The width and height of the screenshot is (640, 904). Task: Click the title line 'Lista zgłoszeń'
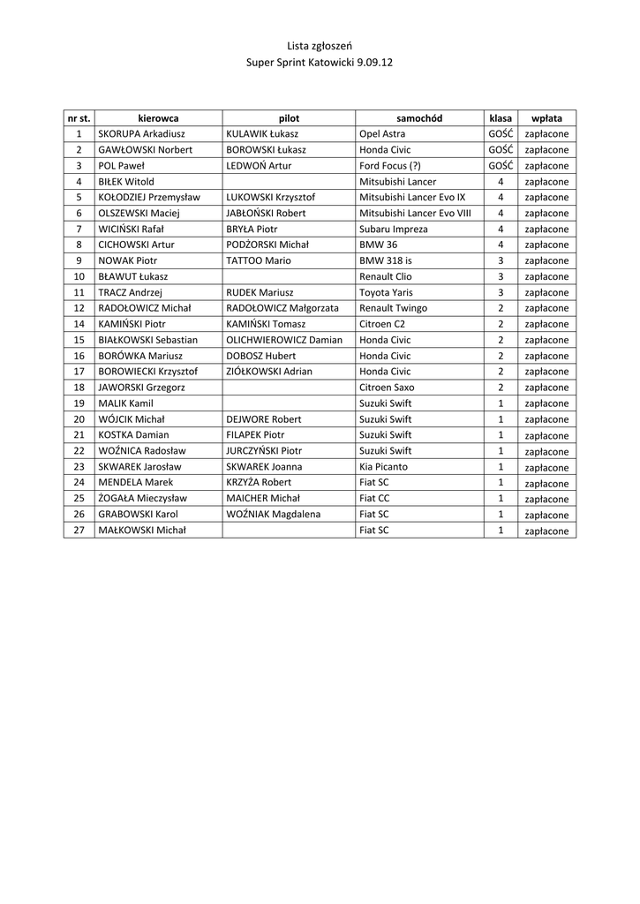coord(320,45)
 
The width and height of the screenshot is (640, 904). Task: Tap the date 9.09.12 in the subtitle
coord(374,64)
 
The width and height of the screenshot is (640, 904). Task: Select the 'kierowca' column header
coord(158,117)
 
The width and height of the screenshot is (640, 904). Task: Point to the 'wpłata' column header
coord(546,117)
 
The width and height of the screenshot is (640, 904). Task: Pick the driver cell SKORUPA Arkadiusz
coord(141,133)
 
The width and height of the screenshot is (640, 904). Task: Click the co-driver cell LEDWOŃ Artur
coord(259,165)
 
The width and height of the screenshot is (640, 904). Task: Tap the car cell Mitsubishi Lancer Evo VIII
coord(415,213)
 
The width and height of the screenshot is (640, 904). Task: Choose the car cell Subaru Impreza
coord(393,229)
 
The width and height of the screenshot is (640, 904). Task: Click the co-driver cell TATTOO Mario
coord(258,260)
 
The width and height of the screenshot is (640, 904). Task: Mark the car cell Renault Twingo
coord(393,308)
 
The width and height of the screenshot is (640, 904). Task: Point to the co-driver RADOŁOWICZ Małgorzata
coord(282,308)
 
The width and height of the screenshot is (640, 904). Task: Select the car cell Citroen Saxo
coord(388,388)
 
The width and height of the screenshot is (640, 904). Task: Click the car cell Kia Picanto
coord(384,466)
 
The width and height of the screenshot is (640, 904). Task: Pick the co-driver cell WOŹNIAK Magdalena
coord(274,514)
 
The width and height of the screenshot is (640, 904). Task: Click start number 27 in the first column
coord(79,530)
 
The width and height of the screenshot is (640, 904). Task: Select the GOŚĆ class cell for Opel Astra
coord(501,133)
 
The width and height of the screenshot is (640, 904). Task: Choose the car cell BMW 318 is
coord(386,260)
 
